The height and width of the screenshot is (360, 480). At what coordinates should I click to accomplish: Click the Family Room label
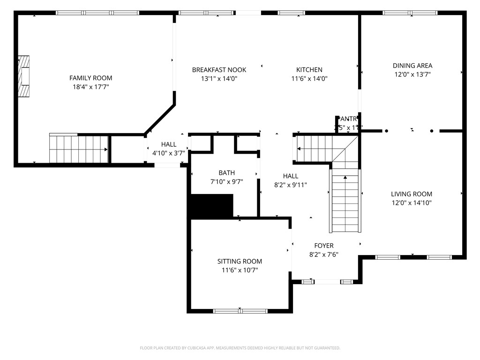[90, 78]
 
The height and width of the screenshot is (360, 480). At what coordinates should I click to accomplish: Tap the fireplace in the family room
[24, 76]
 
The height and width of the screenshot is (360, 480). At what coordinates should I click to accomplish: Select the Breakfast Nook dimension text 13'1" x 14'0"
[219, 79]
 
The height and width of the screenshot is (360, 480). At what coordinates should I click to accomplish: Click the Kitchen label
[309, 70]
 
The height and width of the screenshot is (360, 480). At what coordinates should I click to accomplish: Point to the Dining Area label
[412, 66]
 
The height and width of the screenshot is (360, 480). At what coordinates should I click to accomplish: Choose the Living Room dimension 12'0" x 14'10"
[412, 203]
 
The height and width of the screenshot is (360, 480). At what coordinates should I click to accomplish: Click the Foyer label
[323, 246]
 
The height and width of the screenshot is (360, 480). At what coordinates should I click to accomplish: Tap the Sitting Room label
[239, 262]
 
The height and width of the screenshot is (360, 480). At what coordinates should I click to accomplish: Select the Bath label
[226, 173]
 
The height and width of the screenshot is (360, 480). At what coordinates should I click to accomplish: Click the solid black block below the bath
[211, 206]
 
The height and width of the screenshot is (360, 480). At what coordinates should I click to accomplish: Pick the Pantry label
[346, 119]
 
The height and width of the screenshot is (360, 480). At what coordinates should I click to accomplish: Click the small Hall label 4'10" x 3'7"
[168, 153]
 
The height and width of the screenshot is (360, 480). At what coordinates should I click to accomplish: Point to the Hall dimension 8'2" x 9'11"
[290, 185]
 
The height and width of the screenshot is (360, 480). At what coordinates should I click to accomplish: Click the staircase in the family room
[79, 149]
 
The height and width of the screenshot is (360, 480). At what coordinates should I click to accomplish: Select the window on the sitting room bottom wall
[240, 311]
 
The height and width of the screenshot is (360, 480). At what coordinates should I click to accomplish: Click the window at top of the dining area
[410, 13]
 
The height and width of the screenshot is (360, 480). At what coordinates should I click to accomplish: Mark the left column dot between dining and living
[386, 131]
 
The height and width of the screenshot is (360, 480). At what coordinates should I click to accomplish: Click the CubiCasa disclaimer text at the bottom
[240, 348]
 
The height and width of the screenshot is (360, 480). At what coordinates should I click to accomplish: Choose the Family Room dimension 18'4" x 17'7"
[90, 87]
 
